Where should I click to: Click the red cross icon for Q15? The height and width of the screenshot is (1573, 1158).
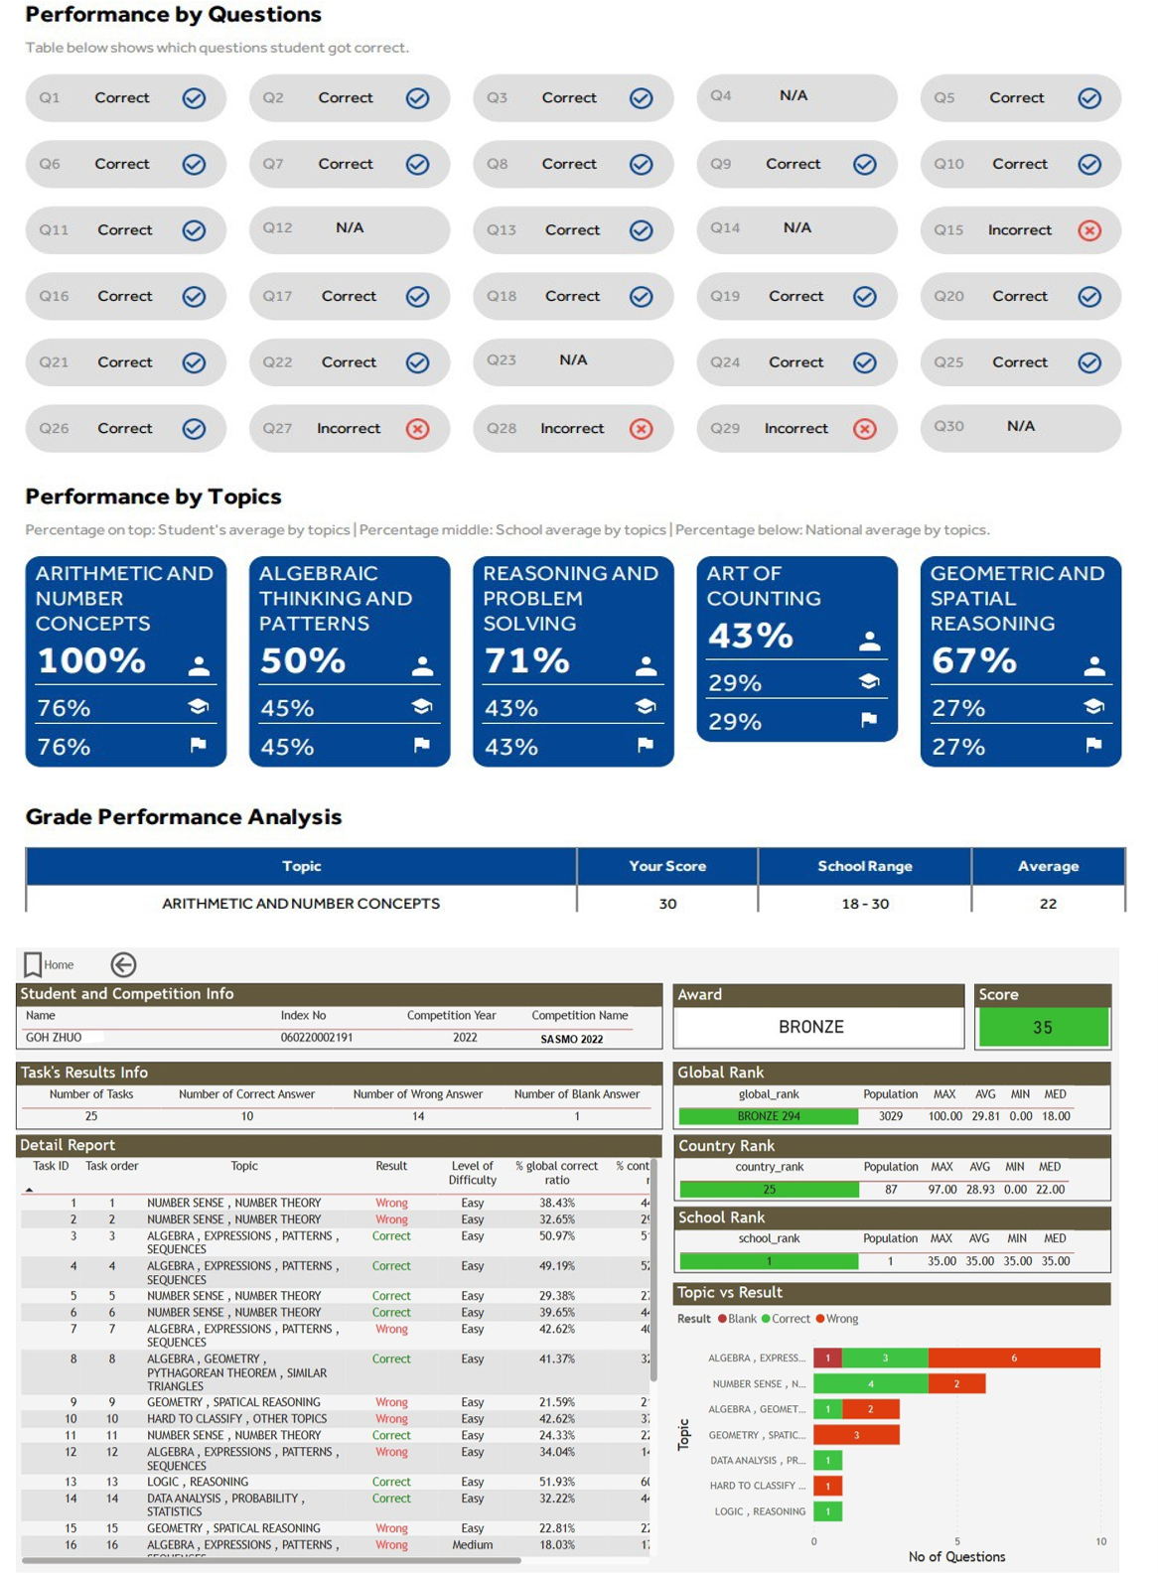pos(1089,230)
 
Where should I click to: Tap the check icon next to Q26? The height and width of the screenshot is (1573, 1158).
pos(195,429)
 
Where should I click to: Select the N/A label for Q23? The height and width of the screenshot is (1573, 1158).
pos(573,360)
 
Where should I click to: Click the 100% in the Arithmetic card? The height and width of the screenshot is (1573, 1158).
pos(91,660)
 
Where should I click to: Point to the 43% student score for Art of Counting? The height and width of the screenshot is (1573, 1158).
pos(750,636)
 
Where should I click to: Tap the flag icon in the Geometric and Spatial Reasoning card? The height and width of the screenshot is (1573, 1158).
pos(1093,745)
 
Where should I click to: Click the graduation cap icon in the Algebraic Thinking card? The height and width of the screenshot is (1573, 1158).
pos(422,706)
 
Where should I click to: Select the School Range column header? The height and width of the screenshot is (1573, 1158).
pos(864,866)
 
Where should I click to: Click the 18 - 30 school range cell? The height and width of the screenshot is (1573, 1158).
pos(864,904)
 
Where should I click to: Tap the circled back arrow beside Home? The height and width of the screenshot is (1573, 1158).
pos(123,964)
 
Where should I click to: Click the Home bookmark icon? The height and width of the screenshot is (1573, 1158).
pos(33,964)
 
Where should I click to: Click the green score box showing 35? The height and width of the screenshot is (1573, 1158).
pos(1043,1027)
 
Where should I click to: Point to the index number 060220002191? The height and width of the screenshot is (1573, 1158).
pos(316,1037)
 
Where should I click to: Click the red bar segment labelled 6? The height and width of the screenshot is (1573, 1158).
pos(1014,1358)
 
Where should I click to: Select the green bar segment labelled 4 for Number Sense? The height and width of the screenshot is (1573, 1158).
pos(871,1383)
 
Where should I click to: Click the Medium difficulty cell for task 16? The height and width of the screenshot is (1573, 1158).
pos(472,1545)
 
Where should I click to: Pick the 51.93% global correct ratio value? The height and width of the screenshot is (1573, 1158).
pos(557,1482)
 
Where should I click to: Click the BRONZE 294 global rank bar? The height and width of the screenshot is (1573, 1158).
pos(768,1116)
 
